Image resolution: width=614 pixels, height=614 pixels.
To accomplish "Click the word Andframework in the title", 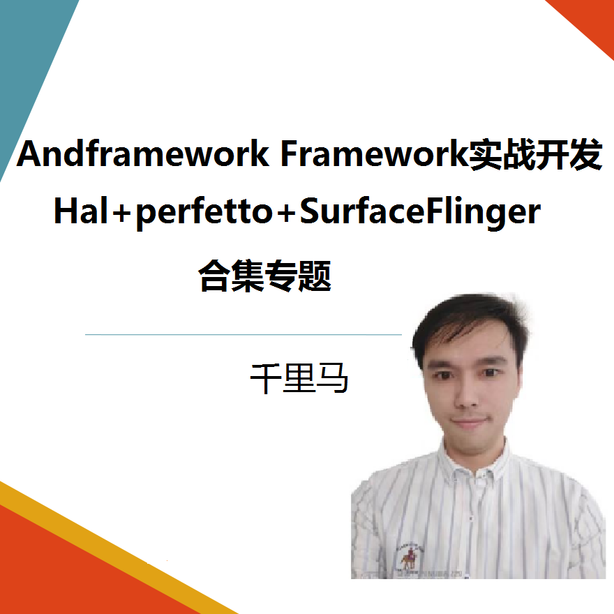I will click(x=143, y=154).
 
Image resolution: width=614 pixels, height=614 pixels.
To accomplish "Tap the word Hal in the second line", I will click(x=80, y=211).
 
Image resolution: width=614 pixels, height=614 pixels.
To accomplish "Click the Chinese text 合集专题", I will click(x=264, y=275).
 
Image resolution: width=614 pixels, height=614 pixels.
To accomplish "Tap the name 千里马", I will click(x=299, y=377).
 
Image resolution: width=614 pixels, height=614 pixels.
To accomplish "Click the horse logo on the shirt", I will click(x=406, y=555).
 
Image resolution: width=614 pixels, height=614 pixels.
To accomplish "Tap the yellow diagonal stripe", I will click(x=105, y=551).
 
